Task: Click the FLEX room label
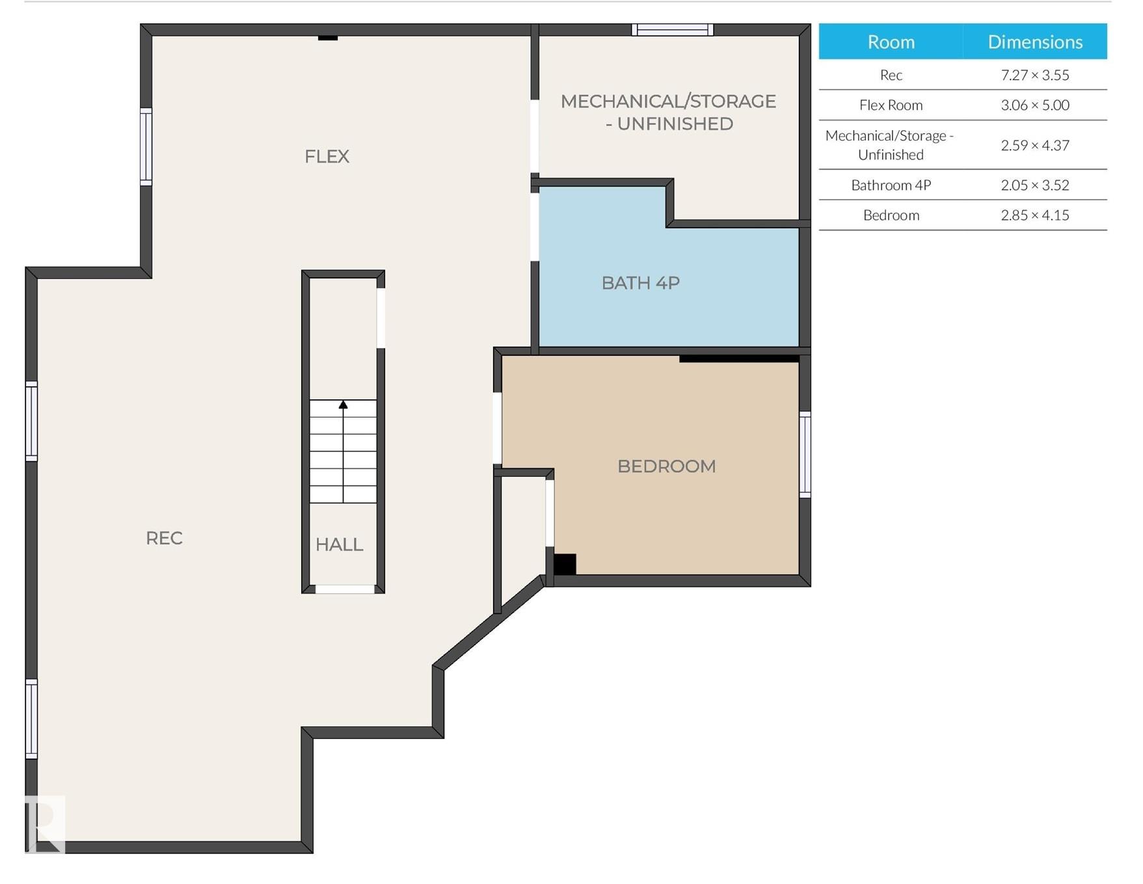point(327,156)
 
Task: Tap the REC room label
point(164,538)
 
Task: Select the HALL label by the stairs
point(339,544)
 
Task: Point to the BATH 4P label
point(641,283)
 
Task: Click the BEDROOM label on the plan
point(666,466)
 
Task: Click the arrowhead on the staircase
point(343,405)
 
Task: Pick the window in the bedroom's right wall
point(805,455)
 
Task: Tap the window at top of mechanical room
point(673,29)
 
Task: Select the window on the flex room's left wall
point(146,147)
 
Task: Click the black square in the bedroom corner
point(565,564)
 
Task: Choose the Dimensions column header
point(1035,42)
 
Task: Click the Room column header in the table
point(891,42)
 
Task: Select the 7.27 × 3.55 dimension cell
point(1035,75)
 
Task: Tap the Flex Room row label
point(891,105)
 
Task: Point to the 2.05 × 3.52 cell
point(1035,185)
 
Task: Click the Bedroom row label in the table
point(891,215)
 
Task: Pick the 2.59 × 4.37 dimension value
point(1035,145)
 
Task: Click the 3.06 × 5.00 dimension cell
point(1035,105)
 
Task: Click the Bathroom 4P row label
point(891,185)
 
